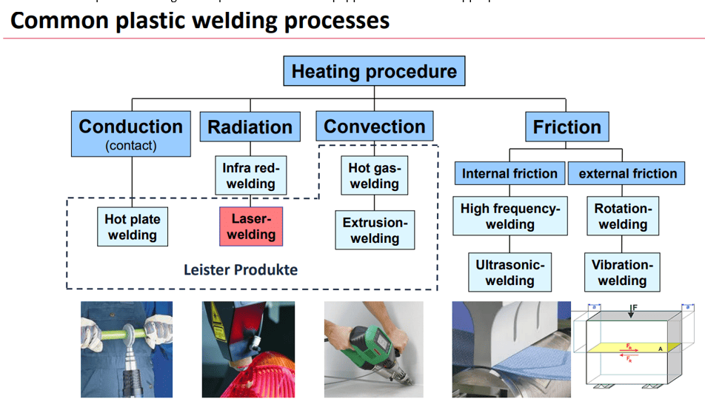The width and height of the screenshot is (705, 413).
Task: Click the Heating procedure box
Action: pyautogui.click(x=374, y=72)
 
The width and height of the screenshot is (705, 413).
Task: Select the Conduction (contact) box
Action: pyautogui.click(x=130, y=134)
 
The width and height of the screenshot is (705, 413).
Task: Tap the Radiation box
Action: pyautogui.click(x=250, y=127)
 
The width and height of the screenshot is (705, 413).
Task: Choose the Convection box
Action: pyautogui.click(x=374, y=127)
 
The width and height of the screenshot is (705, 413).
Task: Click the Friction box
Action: pyautogui.click(x=567, y=127)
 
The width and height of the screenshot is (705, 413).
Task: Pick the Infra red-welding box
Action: pyautogui.click(x=250, y=175)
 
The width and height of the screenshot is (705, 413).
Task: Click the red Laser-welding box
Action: pyautogui.click(x=251, y=226)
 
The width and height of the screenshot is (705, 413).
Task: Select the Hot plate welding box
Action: pyautogui.click(x=132, y=226)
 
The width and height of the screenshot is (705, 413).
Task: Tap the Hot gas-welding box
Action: pyautogui.click(x=374, y=175)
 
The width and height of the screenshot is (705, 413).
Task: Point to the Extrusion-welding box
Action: pyautogui.click(x=374, y=230)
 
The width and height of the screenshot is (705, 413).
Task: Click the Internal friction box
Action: pyautogui.click(x=509, y=174)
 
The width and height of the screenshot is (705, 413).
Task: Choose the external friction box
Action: pyautogui.click(x=627, y=174)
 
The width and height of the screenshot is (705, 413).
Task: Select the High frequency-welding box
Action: pyautogui.click(x=509, y=216)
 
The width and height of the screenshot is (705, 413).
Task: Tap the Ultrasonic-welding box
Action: pyautogui.click(x=509, y=272)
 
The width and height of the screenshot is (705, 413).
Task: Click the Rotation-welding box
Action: pyautogui.click(x=622, y=216)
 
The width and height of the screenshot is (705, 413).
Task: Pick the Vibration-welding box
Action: pyautogui.click(x=622, y=272)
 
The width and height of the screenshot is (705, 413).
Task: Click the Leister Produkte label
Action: pyautogui.click(x=240, y=269)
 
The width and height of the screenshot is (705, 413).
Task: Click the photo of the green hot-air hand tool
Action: pyautogui.click(x=373, y=349)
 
